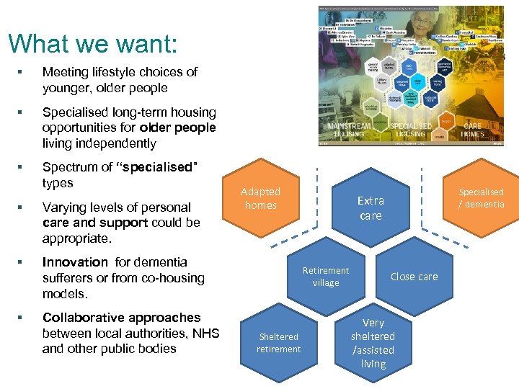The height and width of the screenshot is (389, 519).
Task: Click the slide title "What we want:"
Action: (92, 43)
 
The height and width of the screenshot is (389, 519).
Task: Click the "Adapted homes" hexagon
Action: (260, 198)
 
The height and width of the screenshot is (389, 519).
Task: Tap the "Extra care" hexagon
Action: (371, 207)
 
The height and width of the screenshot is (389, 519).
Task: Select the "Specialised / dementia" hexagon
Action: (482, 198)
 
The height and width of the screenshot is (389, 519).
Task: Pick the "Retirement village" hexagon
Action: (326, 277)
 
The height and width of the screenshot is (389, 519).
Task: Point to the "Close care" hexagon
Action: (414, 277)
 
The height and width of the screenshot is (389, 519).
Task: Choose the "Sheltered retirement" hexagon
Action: (279, 343)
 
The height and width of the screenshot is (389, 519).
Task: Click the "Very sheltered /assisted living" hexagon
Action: (373, 343)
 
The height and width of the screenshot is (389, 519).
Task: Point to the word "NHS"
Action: (203, 333)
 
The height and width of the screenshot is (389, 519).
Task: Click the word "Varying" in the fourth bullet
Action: (66, 207)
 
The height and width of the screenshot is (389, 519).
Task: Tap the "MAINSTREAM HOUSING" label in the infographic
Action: (350, 130)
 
